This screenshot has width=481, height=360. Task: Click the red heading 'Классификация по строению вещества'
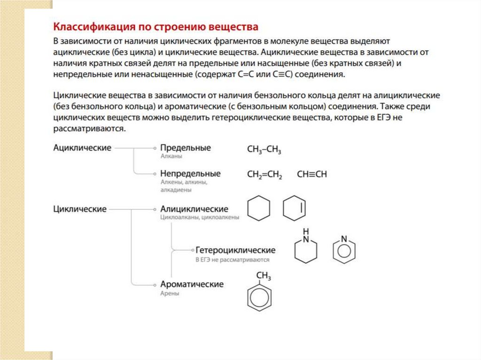(x=155, y=25)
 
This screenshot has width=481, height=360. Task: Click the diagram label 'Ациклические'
(x=82, y=148)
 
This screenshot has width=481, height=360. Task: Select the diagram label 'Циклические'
(x=80, y=209)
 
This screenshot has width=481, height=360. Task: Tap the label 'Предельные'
(x=186, y=148)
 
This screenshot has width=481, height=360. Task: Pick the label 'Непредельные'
(x=190, y=174)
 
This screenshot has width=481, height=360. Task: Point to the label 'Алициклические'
(x=194, y=209)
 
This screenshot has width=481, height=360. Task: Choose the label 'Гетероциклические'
(x=235, y=250)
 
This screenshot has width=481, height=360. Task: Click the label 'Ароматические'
(x=192, y=284)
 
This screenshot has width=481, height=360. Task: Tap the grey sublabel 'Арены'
(x=170, y=293)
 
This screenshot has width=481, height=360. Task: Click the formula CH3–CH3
(x=264, y=150)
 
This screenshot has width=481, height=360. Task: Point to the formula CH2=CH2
(x=264, y=175)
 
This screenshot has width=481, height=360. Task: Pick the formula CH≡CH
(x=312, y=174)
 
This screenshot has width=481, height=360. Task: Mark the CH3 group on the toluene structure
(x=263, y=276)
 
